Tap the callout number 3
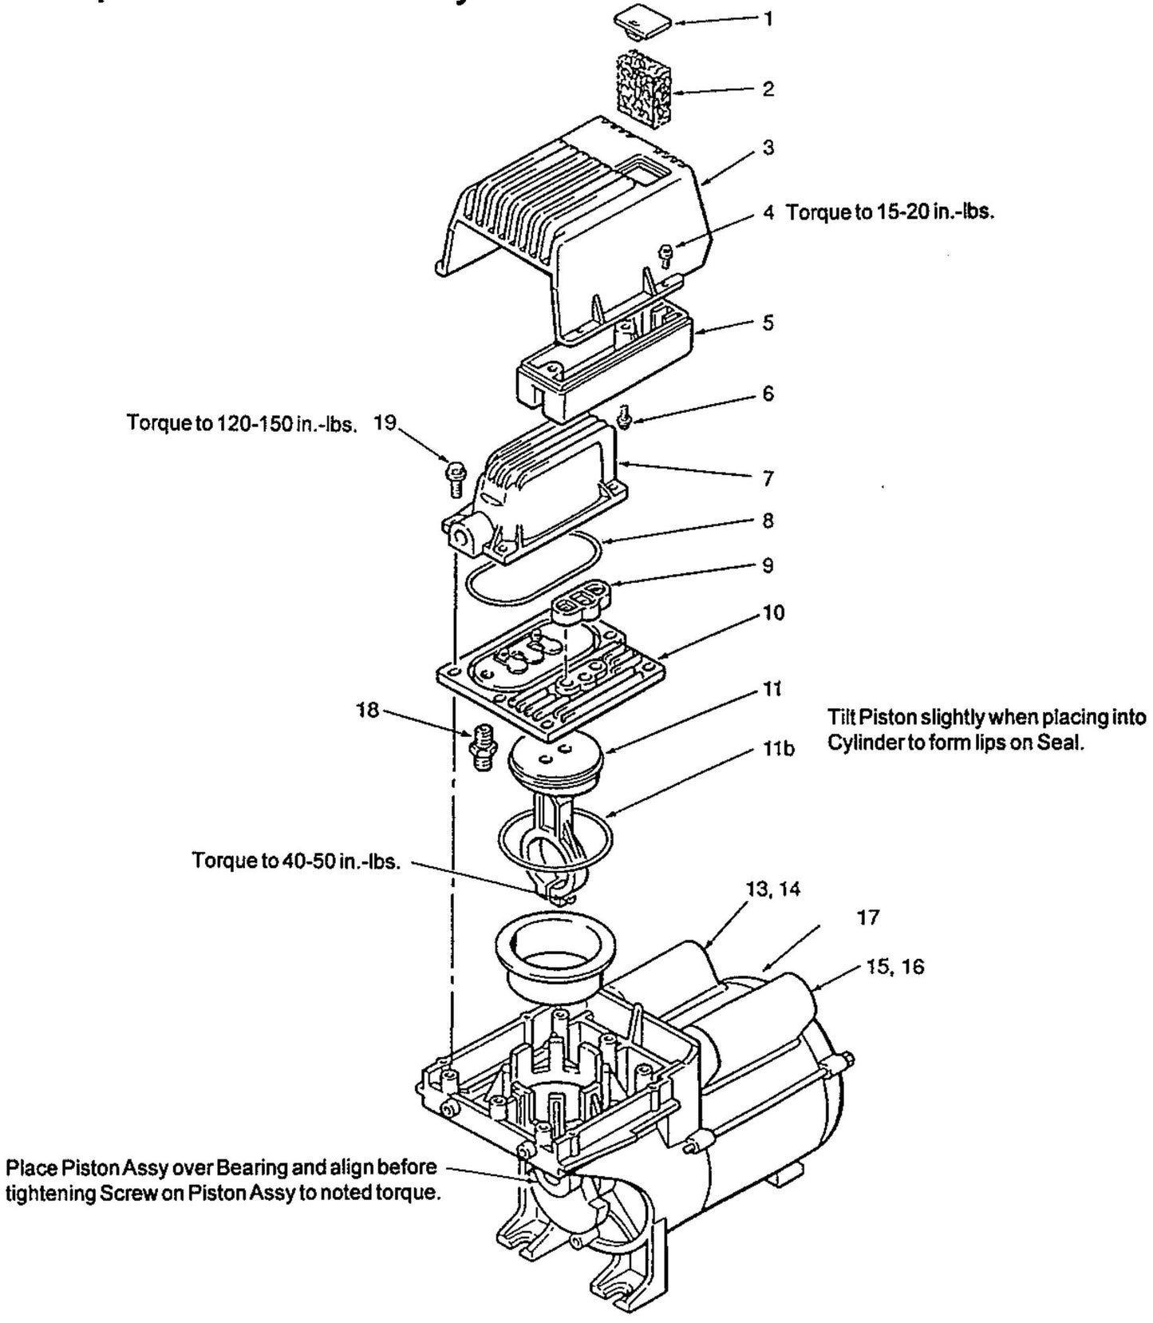768,149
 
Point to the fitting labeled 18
482,747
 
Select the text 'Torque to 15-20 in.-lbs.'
890,214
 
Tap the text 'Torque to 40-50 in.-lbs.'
295,862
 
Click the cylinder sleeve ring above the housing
552,954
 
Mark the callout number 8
768,521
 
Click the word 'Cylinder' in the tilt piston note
863,742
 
